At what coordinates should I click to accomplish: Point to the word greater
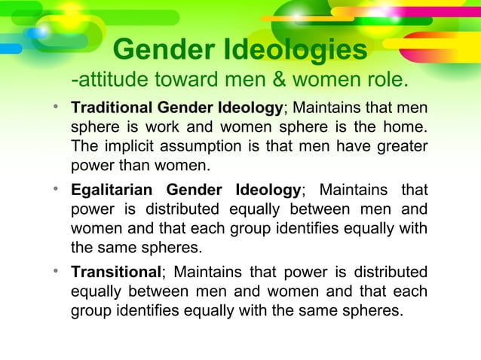coord(399,145)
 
